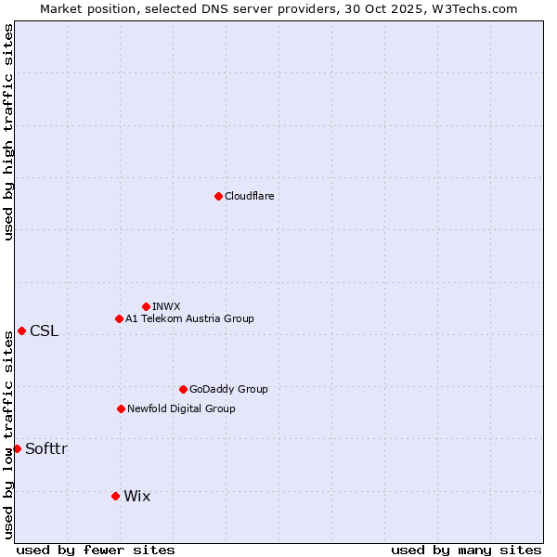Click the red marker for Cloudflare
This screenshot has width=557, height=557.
coord(218,196)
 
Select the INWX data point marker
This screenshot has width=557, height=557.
coord(146,306)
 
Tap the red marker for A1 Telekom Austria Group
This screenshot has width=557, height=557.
coord(119,318)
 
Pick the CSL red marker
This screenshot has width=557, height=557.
coord(21,331)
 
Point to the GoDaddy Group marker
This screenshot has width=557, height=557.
coord(183,389)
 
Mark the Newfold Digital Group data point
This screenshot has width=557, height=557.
coord(121,408)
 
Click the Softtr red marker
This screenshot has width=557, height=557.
coord(17,448)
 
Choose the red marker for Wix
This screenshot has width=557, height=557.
coord(115,496)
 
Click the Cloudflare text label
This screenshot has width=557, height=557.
coord(250,196)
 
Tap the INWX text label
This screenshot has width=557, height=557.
coord(166,306)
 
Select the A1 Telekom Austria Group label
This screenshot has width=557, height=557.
coord(189,318)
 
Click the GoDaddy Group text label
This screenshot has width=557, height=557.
coord(228,389)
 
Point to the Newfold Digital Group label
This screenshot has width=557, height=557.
coord(181,408)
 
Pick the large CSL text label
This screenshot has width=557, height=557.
coord(44,331)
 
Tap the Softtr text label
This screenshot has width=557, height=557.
coord(46,448)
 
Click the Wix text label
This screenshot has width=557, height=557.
coord(136,496)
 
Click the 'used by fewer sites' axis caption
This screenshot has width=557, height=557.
coord(96,550)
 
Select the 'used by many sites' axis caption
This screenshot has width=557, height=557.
coord(466,550)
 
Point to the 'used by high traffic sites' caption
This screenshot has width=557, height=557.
coord(8,132)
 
